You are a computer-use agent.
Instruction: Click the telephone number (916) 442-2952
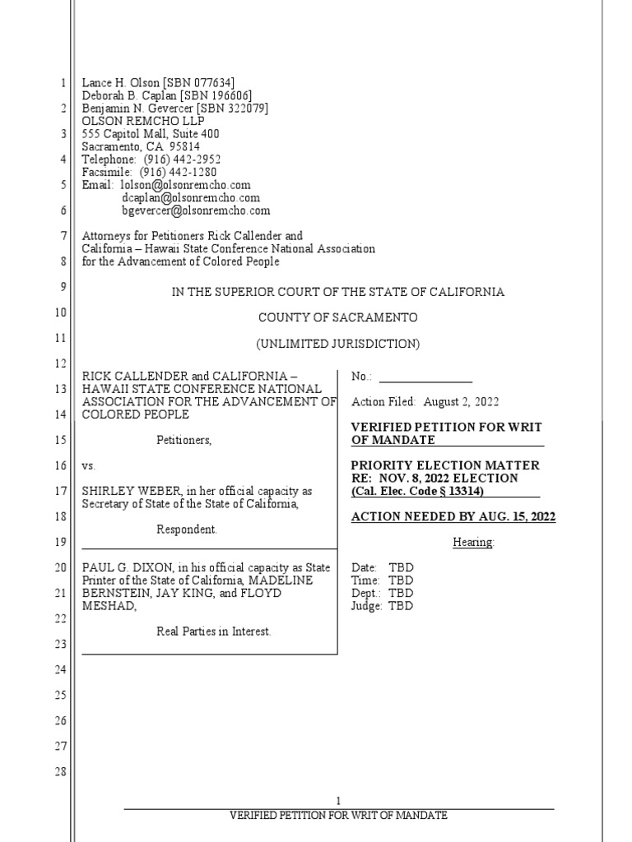pyautogui.click(x=182, y=160)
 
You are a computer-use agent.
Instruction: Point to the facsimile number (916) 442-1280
pyautogui.click(x=180, y=173)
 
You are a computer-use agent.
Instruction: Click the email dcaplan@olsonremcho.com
pyautogui.click(x=191, y=198)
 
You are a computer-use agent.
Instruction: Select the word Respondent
pyautogui.click(x=187, y=530)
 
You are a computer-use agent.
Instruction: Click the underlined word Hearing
pyautogui.click(x=473, y=543)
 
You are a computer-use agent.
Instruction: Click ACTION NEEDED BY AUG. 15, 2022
pyautogui.click(x=453, y=517)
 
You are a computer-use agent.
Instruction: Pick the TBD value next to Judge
pyautogui.click(x=401, y=606)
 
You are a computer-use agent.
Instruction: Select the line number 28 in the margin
pyautogui.click(x=61, y=772)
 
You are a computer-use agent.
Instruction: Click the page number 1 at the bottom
pyautogui.click(x=337, y=801)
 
